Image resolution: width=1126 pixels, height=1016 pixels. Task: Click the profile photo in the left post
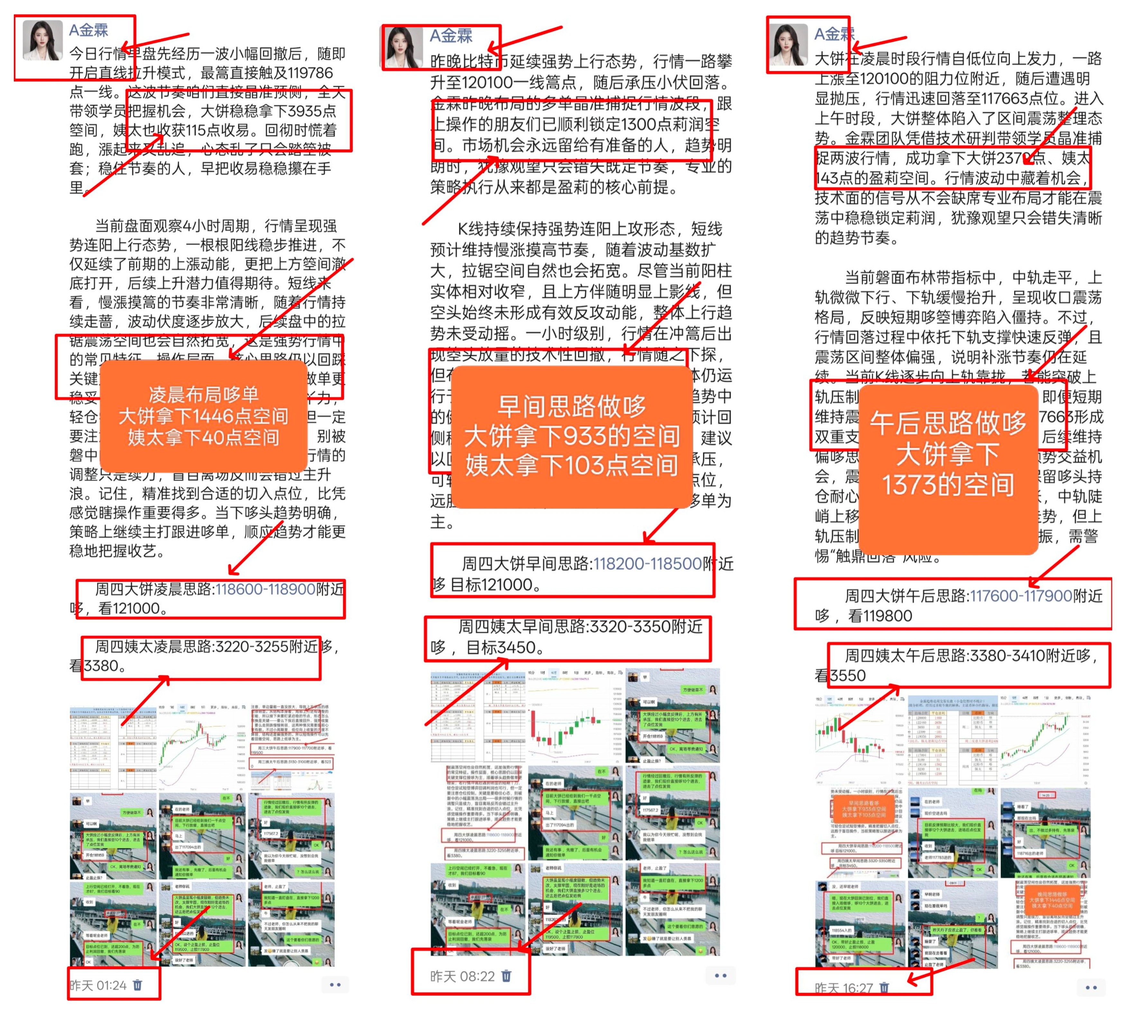[x=42, y=40]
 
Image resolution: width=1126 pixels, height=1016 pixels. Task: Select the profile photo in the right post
[x=788, y=45]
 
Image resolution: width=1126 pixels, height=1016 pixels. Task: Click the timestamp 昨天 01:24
[x=98, y=985]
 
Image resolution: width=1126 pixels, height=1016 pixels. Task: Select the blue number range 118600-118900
[x=266, y=589]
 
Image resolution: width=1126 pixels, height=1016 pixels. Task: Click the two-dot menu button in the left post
[x=335, y=985]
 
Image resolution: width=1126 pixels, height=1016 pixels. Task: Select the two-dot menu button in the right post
[x=1091, y=987]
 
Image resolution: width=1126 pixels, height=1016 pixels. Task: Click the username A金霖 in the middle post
[x=451, y=36]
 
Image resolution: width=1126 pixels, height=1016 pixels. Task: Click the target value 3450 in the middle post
[x=517, y=648]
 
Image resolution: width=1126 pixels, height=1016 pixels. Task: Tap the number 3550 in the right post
[x=848, y=676]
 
